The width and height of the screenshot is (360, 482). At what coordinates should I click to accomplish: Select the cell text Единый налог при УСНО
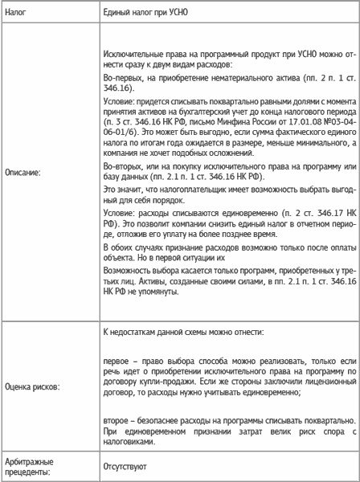[x=149, y=14]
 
